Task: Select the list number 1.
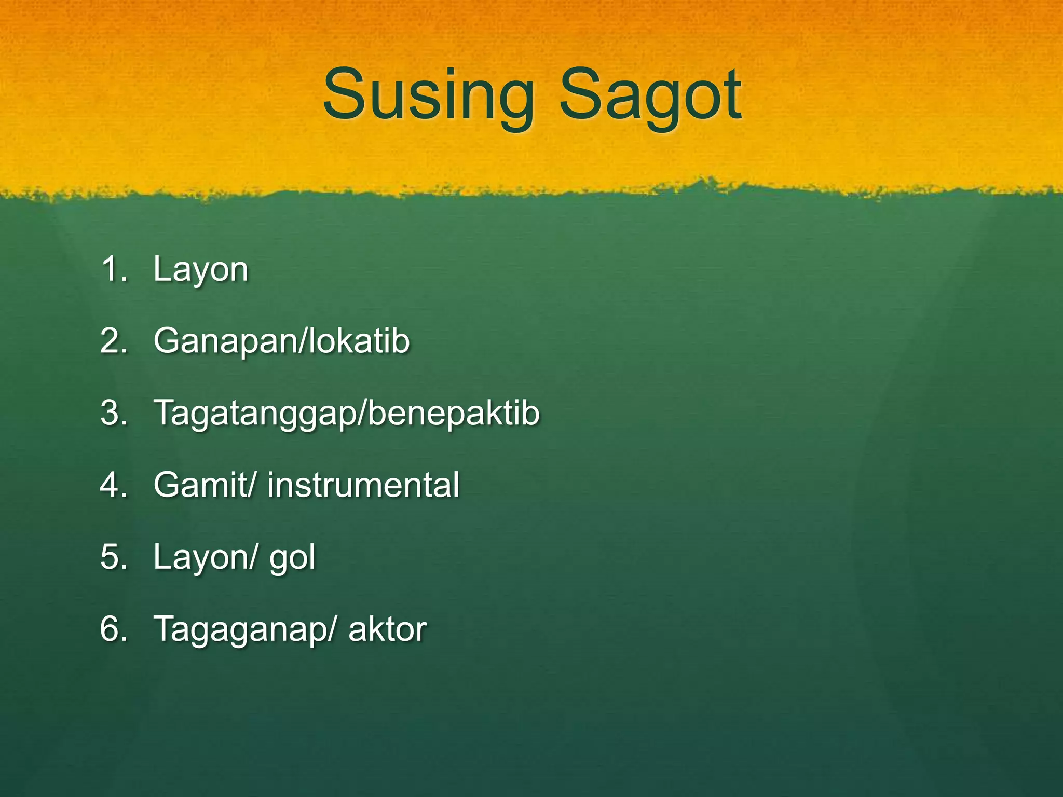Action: coord(113,269)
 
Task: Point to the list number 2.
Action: coord(113,341)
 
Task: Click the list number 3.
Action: coord(113,413)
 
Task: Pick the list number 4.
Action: coord(113,485)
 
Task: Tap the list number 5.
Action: coord(113,557)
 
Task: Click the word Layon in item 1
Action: coord(201,270)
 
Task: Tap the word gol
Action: coord(292,558)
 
